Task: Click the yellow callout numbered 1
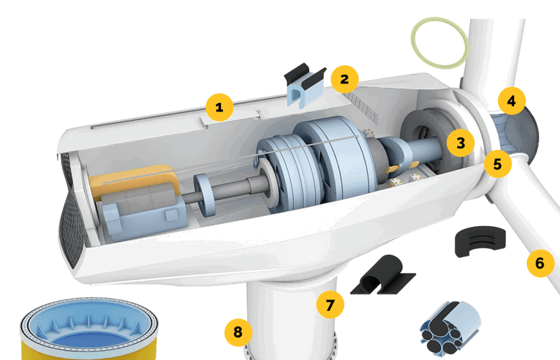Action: [x=220, y=107]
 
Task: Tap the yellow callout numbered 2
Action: [x=345, y=79]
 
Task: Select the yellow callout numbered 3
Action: [x=461, y=143]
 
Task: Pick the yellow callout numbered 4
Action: [x=512, y=101]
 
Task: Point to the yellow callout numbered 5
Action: [x=498, y=164]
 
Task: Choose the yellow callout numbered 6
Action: [x=541, y=264]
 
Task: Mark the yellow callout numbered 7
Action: [x=330, y=305]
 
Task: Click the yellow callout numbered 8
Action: [x=238, y=332]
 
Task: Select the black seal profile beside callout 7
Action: [x=382, y=275]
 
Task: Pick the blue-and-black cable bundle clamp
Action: [x=450, y=328]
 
